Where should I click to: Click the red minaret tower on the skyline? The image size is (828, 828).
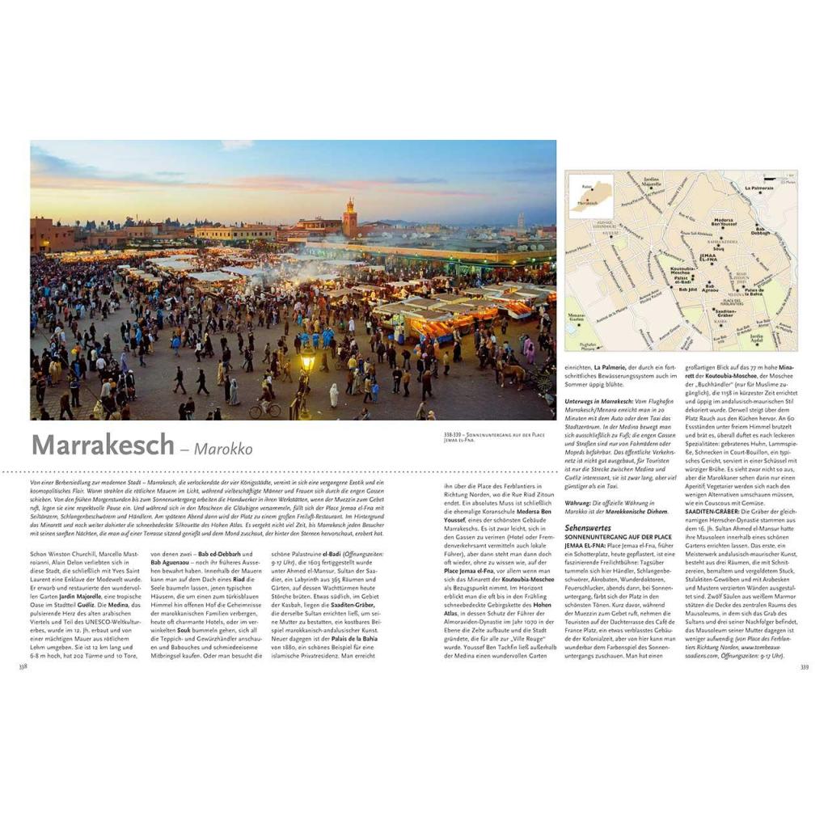(349, 218)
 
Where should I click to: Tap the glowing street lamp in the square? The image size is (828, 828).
(307, 363)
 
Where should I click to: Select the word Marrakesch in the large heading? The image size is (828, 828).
(103, 446)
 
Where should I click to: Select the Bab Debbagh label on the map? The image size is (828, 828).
(760, 231)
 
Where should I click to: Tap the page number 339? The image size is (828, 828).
(804, 667)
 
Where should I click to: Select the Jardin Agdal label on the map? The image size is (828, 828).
(757, 338)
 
